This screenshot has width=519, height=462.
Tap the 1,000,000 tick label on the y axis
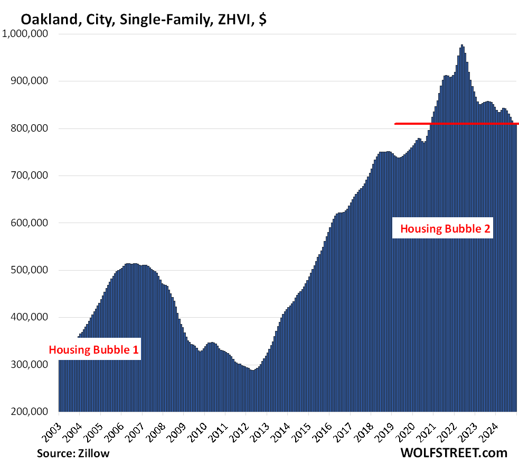26,34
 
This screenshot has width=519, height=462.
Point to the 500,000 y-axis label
30,270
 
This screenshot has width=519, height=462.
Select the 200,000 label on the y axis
30,412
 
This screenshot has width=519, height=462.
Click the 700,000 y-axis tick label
30,175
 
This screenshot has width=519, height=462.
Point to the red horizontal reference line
457,124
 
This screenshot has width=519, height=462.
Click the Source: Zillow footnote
73,453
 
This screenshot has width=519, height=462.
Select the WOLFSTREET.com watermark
454,452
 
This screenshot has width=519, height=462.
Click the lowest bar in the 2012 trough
253,391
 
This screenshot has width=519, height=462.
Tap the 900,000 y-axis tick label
30,81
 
